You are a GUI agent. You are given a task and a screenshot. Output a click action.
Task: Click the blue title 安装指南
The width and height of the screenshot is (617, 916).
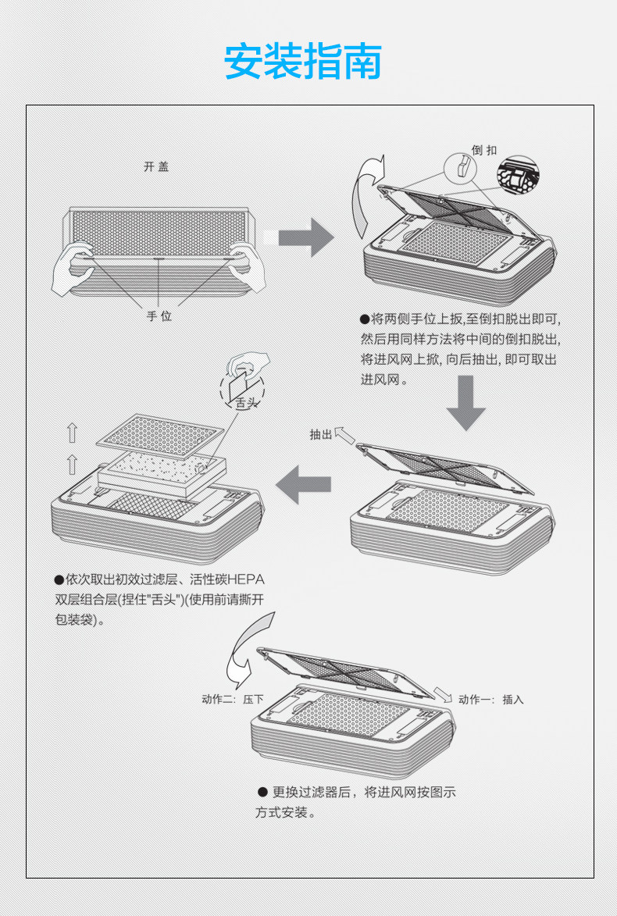(x=303, y=62)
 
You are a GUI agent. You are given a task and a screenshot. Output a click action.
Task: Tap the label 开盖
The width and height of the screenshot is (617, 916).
(x=155, y=167)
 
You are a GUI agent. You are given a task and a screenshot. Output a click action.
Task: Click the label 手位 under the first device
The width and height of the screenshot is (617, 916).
(x=159, y=315)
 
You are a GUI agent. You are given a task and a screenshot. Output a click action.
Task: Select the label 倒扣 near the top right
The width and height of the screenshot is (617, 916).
(x=484, y=149)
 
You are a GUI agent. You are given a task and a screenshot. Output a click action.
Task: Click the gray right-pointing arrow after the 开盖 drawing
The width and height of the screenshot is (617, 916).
(x=306, y=237)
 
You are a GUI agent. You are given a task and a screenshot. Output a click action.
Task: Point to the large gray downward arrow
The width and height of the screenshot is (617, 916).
(x=465, y=403)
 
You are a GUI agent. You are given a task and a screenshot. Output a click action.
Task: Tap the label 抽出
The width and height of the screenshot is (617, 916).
(x=320, y=434)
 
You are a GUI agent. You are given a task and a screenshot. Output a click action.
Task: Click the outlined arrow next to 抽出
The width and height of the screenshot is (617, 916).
(x=344, y=433)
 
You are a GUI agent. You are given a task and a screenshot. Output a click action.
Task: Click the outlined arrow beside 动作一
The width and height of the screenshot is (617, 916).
(x=443, y=695)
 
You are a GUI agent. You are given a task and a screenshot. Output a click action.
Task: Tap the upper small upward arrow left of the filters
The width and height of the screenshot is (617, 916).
(x=72, y=433)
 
